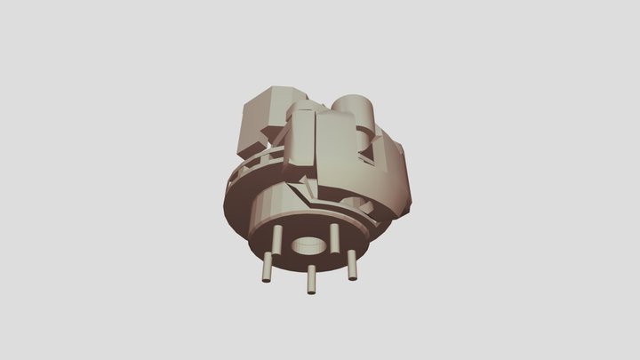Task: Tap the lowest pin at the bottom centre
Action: pos(312,279)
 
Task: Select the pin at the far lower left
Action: pos(267,267)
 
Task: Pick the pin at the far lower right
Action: pos(353,266)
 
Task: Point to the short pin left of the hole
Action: pos(279,237)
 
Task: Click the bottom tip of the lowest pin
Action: pos(312,292)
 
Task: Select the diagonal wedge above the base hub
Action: pos(302,188)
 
